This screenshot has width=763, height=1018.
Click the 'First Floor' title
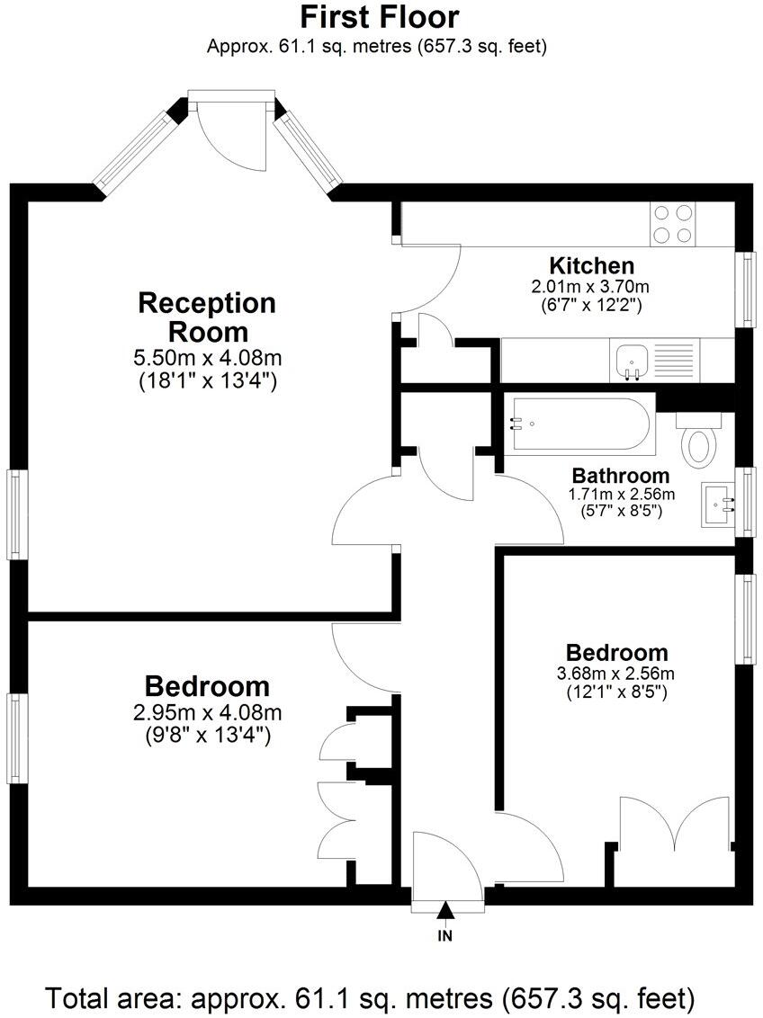tap(379, 17)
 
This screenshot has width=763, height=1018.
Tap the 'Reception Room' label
tap(207, 317)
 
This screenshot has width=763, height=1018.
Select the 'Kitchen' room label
tap(591, 265)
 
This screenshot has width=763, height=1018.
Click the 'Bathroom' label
tap(621, 476)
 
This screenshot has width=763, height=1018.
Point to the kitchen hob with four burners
tap(673, 224)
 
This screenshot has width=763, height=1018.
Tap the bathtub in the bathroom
tap(576, 424)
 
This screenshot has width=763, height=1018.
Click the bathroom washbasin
tap(718, 505)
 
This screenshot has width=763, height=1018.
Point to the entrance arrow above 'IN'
tap(445, 913)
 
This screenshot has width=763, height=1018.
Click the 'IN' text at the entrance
tap(445, 936)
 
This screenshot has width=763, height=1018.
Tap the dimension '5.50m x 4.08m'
tap(207, 358)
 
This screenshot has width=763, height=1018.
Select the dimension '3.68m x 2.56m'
tap(617, 674)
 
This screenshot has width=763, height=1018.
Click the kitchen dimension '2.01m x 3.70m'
tap(590, 287)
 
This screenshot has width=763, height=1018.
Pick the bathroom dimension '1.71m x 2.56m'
tap(621, 494)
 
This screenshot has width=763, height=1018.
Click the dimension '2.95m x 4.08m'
tap(207, 713)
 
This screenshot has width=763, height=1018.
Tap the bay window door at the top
tap(232, 130)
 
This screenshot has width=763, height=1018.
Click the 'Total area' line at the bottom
tap(371, 998)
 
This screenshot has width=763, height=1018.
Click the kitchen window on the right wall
tap(746, 288)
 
